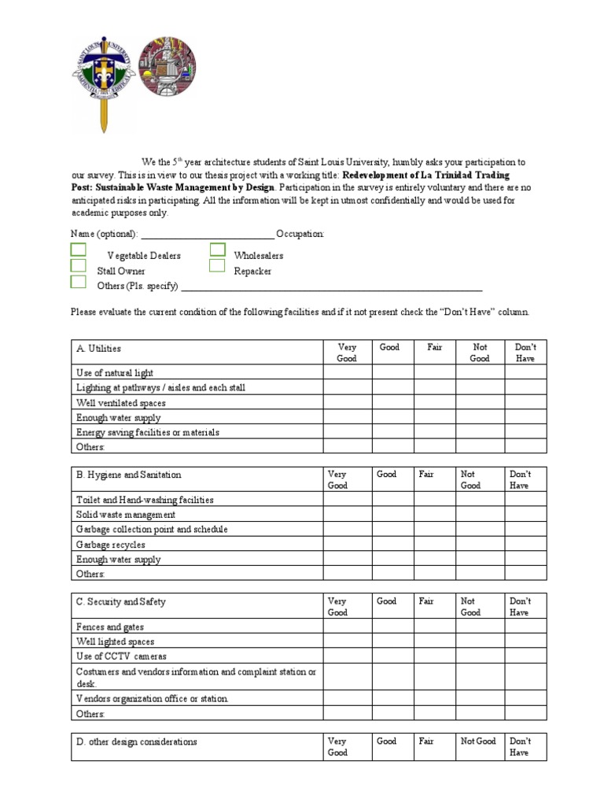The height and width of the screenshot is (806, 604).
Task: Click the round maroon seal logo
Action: click(x=168, y=67)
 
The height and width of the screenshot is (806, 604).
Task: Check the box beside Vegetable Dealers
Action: click(x=79, y=250)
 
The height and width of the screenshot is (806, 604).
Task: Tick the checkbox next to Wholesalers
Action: click(x=218, y=250)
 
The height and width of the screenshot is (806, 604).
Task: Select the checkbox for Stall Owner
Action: click(x=79, y=265)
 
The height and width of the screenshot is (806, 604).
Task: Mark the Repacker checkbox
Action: click(x=218, y=266)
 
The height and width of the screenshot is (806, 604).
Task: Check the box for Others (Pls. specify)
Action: click(x=79, y=282)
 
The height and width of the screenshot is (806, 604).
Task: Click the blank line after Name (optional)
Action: click(x=207, y=235)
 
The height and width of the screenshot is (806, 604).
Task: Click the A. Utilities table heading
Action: click(x=99, y=348)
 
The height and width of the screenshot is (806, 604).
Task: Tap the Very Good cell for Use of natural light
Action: click(x=346, y=372)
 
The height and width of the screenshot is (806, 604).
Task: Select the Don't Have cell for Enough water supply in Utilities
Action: click(x=525, y=417)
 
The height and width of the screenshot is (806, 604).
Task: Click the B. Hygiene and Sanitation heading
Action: click(x=128, y=475)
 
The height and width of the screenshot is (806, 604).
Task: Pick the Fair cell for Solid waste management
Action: click(x=434, y=515)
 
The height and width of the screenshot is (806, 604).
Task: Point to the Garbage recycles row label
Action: click(x=111, y=545)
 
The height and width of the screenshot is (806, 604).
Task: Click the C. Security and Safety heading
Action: click(x=120, y=601)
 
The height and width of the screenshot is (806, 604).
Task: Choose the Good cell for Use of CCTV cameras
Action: click(x=392, y=656)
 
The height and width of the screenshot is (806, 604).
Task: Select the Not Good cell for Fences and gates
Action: click(x=480, y=627)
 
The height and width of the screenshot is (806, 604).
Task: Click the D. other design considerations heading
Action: click(x=136, y=741)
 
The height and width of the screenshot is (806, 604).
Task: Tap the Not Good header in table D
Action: click(x=478, y=741)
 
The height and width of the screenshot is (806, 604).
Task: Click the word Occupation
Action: click(x=300, y=235)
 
